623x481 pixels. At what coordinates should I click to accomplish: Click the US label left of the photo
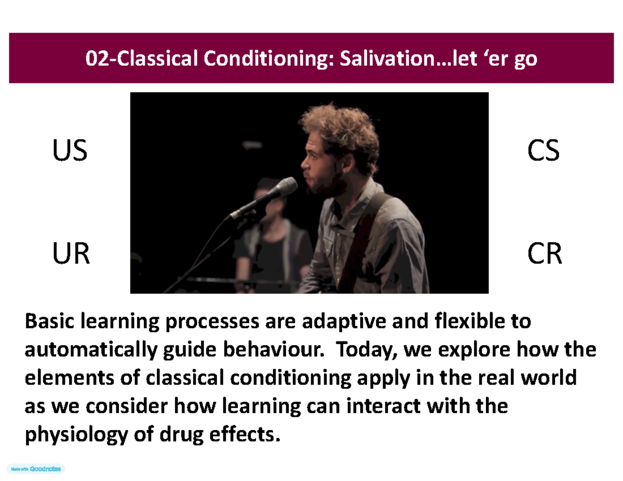click(69, 153)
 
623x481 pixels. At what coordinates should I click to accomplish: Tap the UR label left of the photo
click(70, 255)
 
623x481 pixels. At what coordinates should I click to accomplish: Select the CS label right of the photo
click(543, 153)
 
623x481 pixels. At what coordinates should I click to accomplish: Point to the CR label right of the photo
click(544, 255)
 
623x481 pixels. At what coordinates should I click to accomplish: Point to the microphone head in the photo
click(287, 186)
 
